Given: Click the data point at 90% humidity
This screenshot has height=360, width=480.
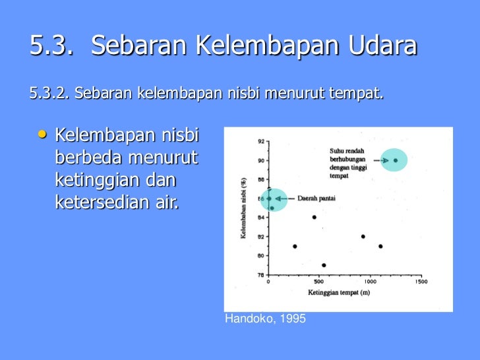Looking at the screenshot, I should click(x=395, y=160).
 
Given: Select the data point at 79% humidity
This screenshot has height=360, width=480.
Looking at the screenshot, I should click(x=324, y=266).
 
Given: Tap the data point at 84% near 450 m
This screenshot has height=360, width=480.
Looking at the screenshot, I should click(x=314, y=217).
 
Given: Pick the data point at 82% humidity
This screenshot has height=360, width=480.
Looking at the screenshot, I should click(x=363, y=236).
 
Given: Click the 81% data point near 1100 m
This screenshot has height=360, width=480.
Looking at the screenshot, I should click(x=380, y=246).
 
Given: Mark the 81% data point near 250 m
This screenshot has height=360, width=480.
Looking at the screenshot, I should click(x=295, y=246).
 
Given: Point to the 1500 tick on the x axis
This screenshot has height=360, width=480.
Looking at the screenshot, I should click(x=421, y=282).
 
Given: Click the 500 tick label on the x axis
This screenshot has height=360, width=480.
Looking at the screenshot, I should click(x=319, y=282).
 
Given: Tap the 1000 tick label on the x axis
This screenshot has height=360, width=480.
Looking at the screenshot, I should click(x=370, y=282).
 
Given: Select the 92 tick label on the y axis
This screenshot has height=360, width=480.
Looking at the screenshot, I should click(x=262, y=141).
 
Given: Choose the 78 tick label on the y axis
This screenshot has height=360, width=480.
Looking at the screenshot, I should click(x=262, y=275).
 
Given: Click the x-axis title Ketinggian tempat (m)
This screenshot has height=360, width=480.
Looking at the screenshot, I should click(x=338, y=291).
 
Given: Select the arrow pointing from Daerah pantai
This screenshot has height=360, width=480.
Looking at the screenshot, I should click(x=285, y=198).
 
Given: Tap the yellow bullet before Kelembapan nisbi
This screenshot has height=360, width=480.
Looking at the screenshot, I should click(x=43, y=135).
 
